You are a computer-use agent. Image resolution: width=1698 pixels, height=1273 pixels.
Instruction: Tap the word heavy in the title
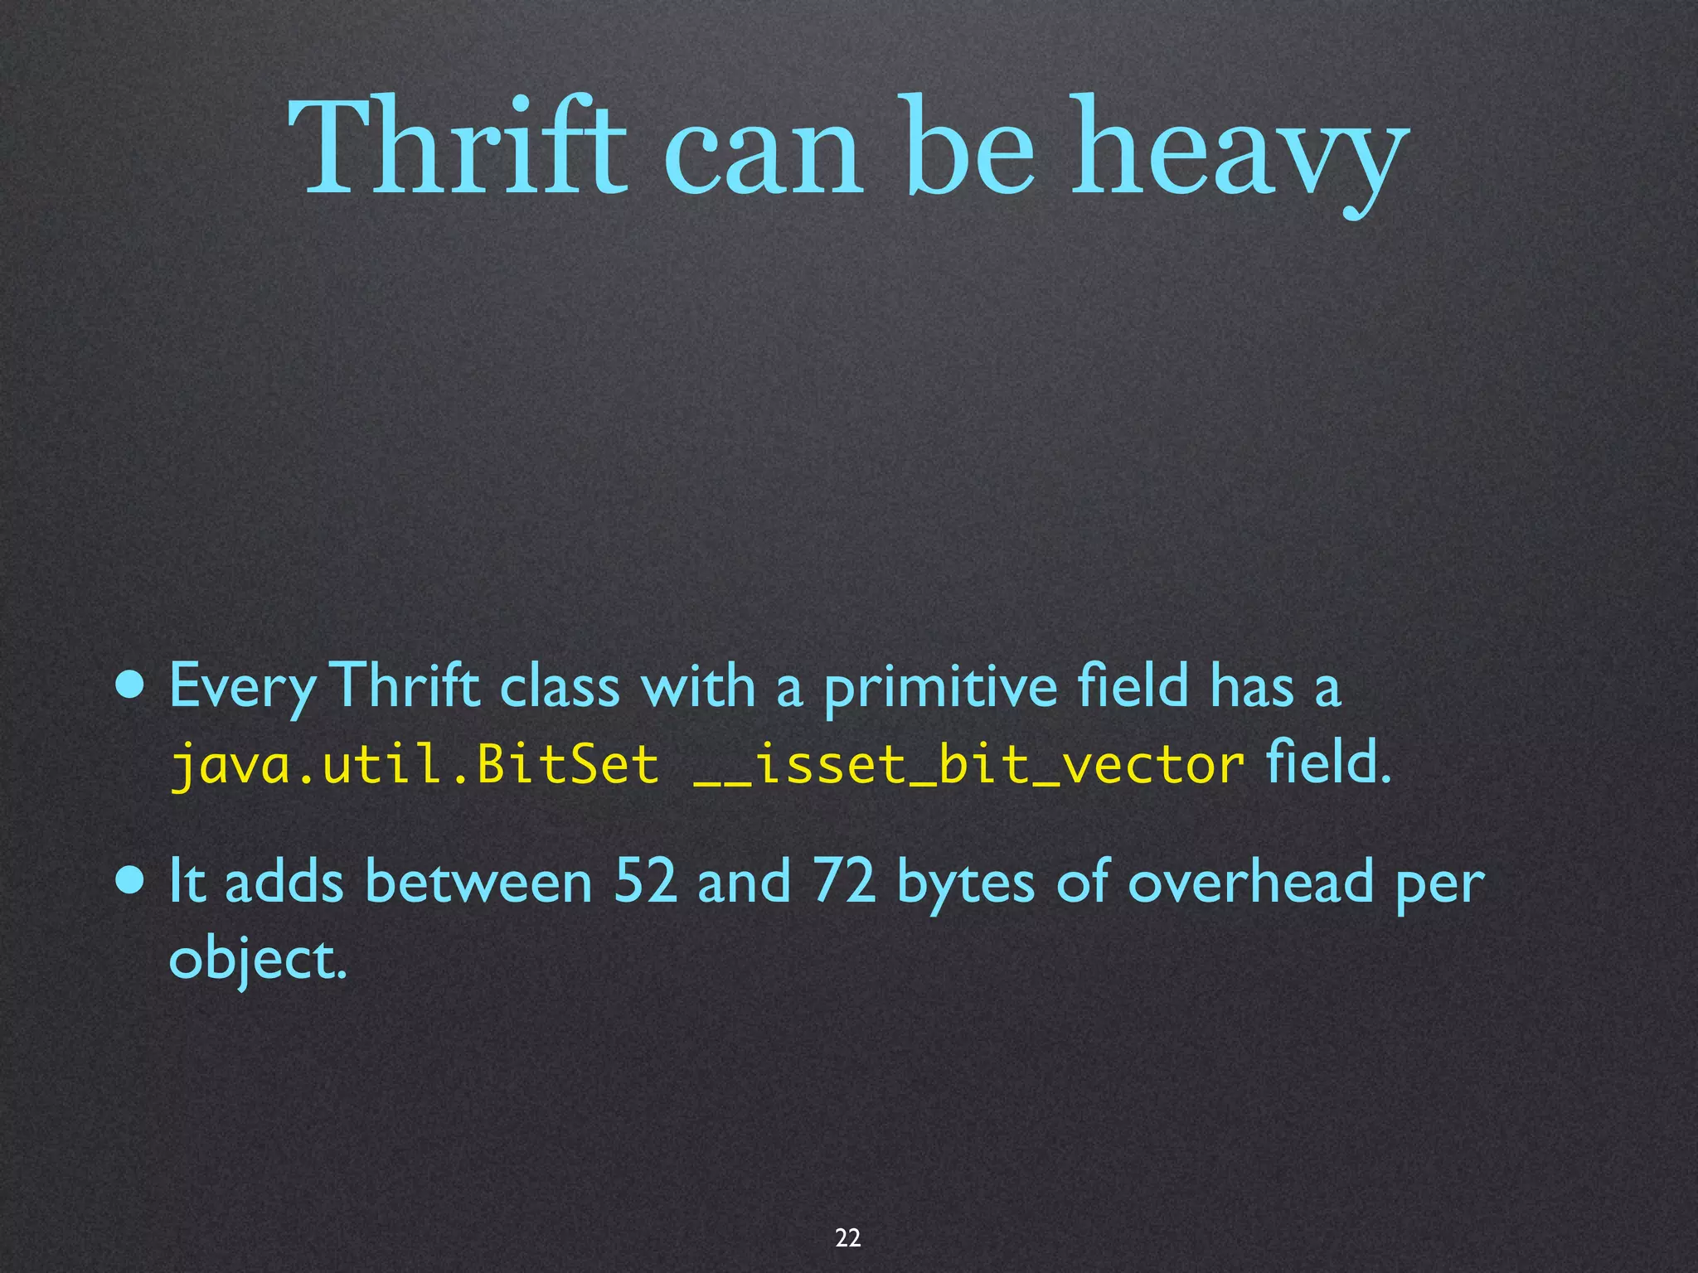click(1239, 153)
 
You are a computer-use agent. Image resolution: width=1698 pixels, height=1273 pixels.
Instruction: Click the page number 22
click(847, 1237)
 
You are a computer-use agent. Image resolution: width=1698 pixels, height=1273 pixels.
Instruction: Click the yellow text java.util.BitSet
click(414, 764)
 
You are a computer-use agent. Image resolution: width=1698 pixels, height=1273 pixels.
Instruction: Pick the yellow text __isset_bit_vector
click(968, 764)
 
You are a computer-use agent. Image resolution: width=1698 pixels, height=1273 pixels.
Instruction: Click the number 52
click(644, 881)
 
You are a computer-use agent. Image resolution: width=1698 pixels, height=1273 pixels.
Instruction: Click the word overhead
click(1249, 881)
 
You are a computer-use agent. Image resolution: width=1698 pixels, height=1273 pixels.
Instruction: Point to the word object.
click(257, 960)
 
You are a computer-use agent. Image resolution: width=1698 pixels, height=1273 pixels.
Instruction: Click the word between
click(478, 881)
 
